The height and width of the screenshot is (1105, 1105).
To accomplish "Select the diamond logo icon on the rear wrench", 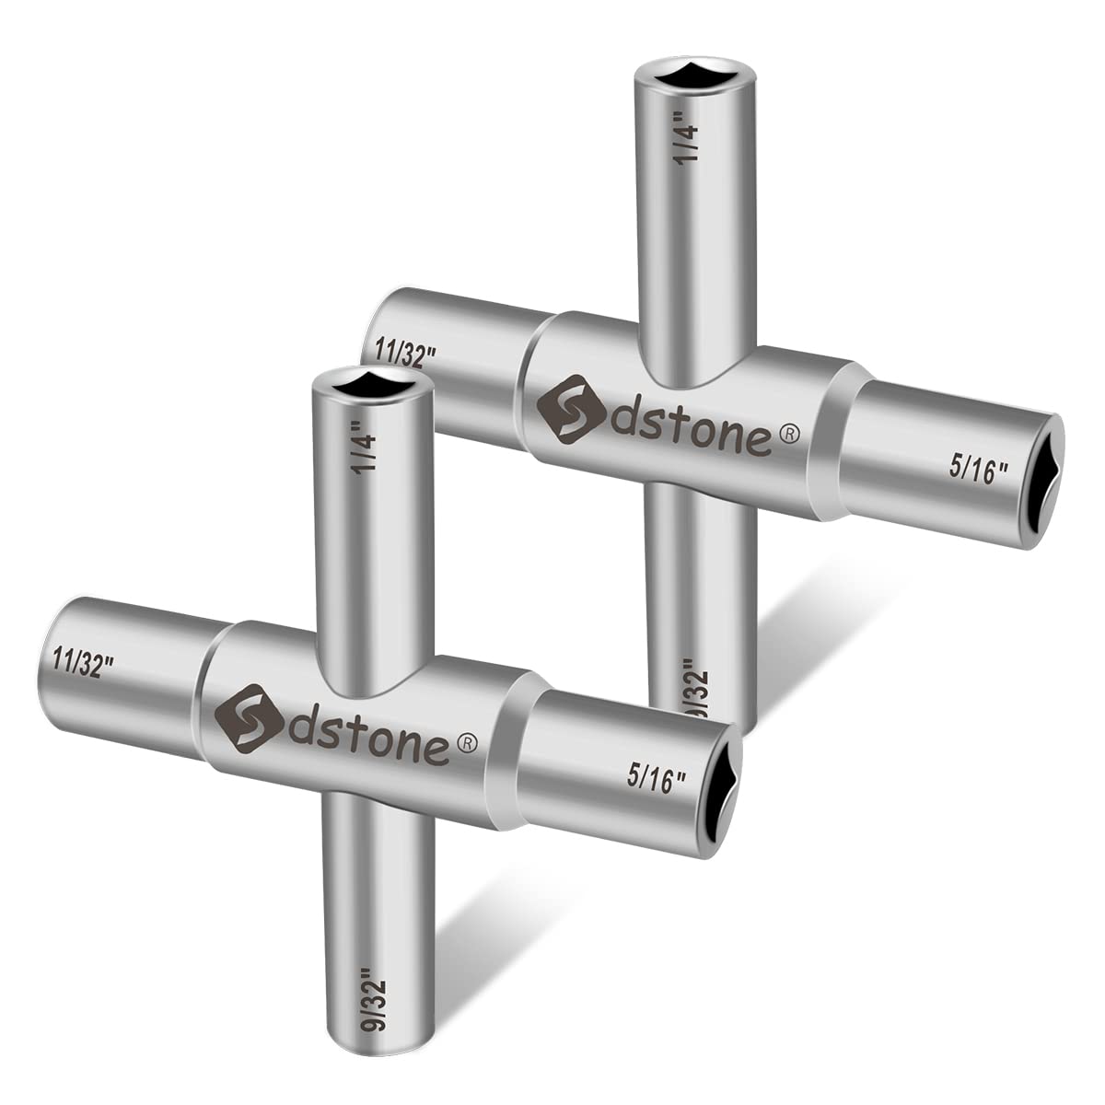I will point(567,406).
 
